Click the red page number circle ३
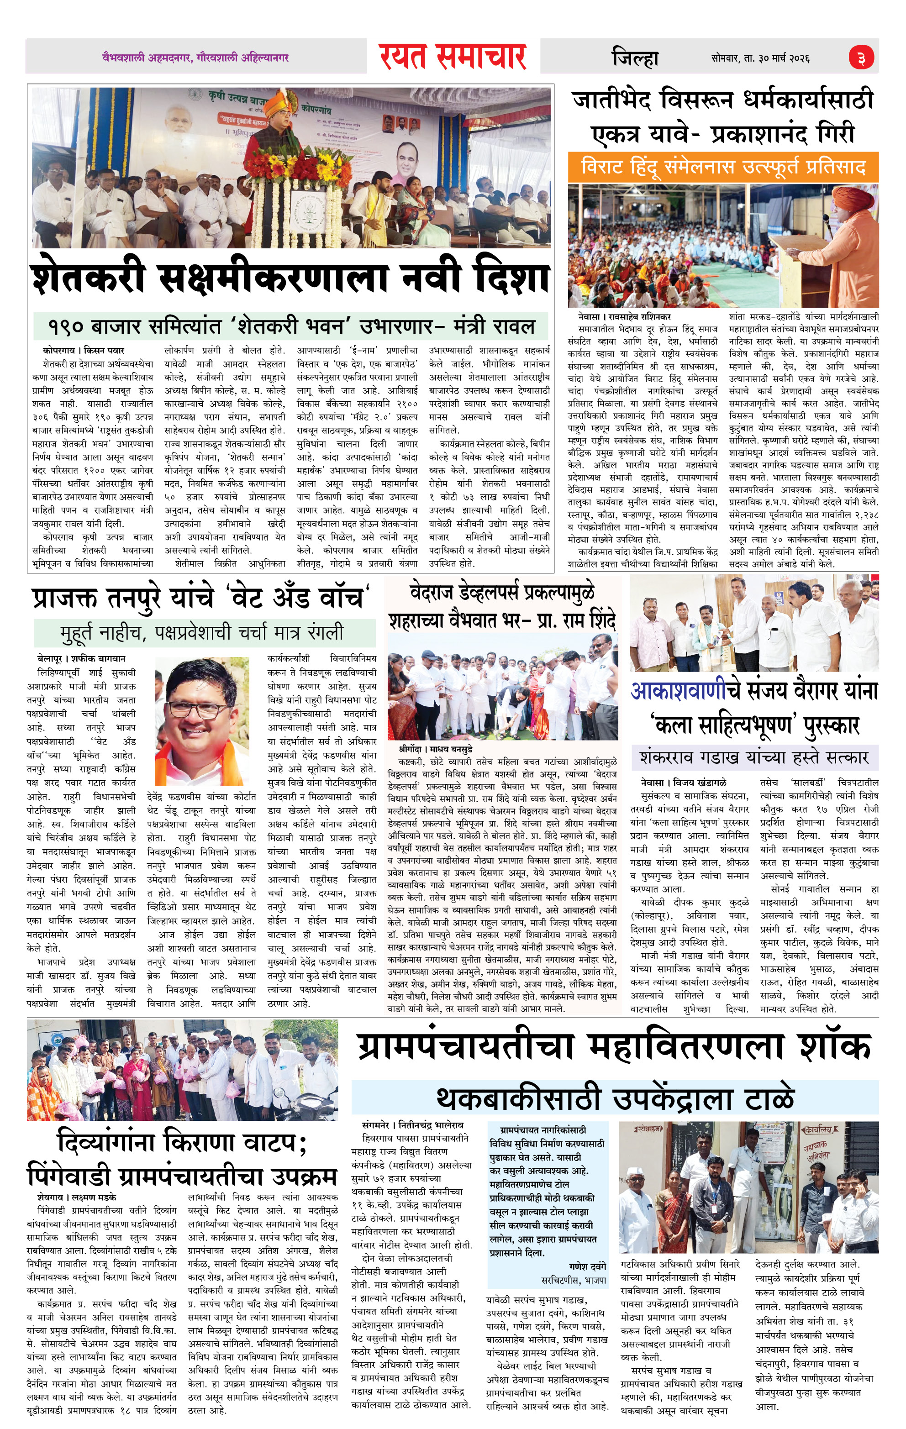point(860,58)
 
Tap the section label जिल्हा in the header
point(635,58)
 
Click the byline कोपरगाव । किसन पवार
point(83,350)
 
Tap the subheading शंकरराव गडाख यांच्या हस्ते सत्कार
point(754,758)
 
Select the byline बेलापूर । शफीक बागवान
point(81,658)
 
